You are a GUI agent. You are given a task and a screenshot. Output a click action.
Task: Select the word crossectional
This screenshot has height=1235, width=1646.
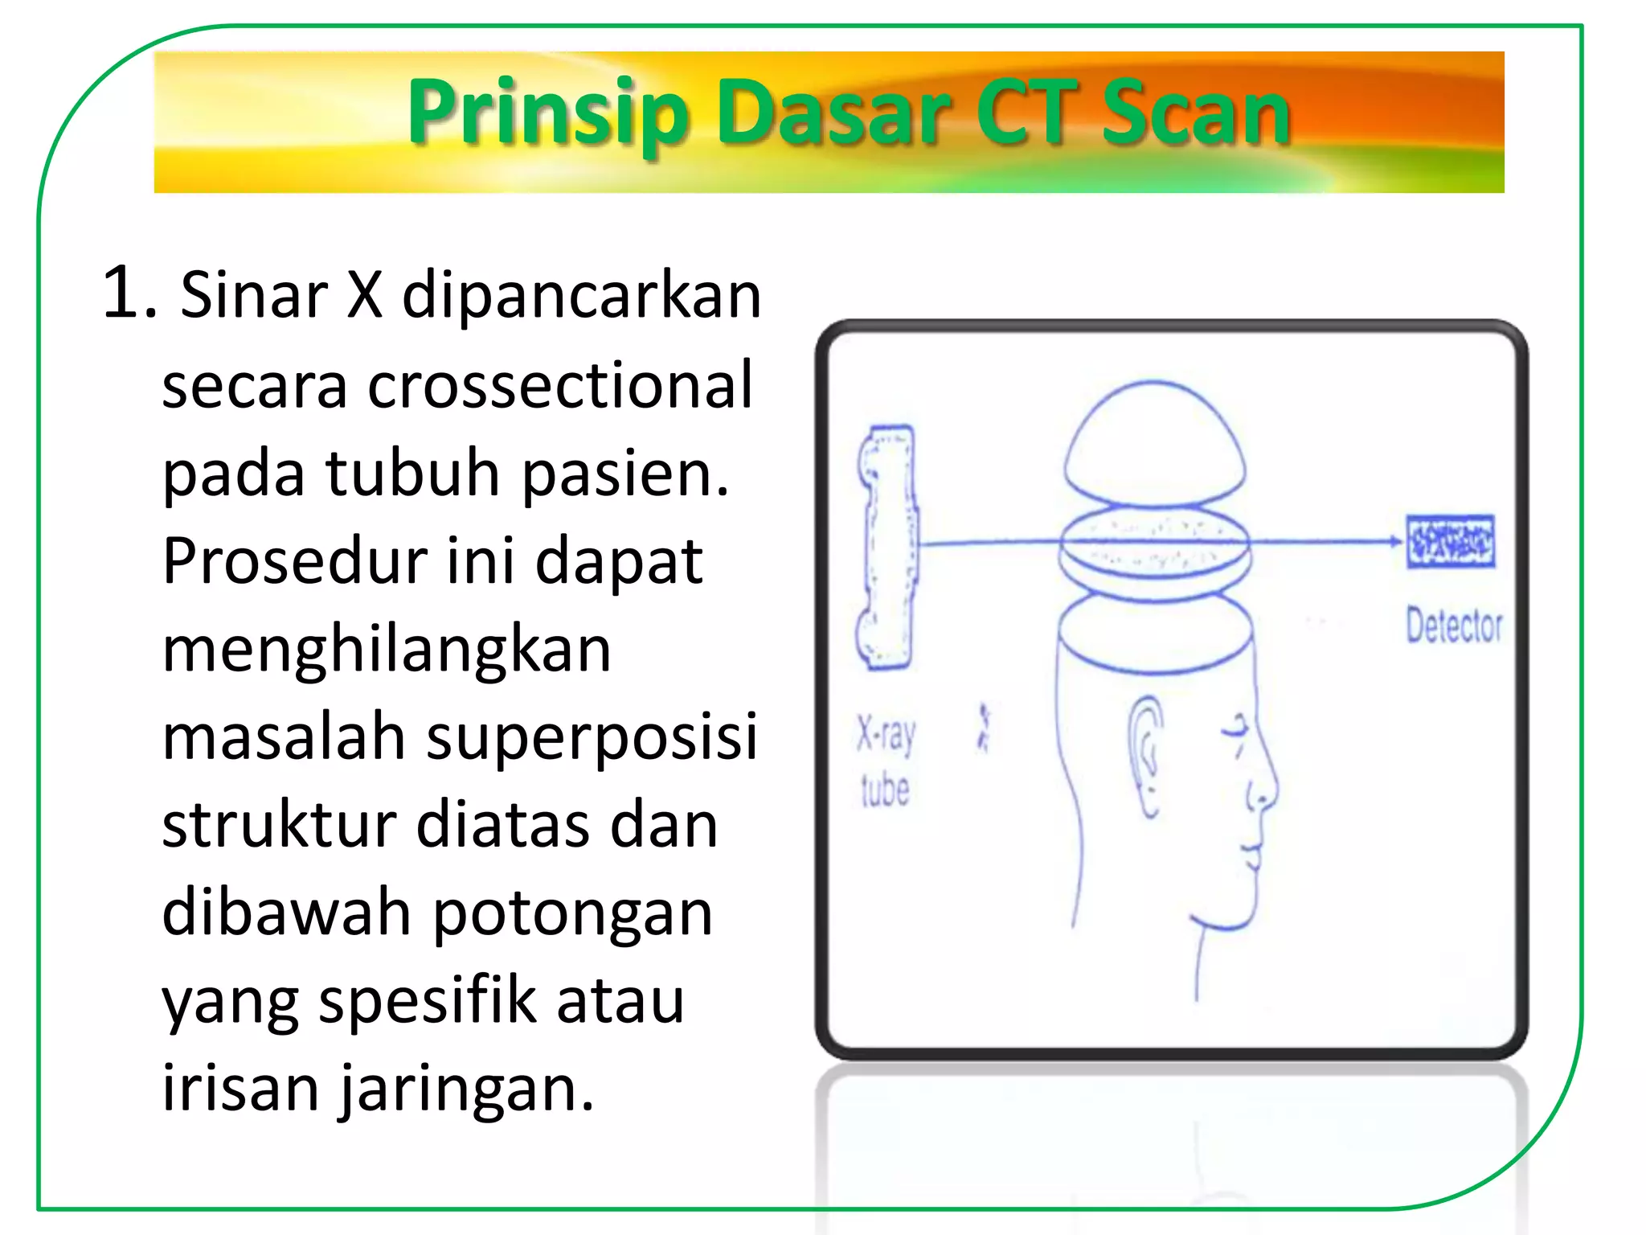click(560, 386)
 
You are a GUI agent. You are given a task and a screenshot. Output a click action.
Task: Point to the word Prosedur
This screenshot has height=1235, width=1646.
click(294, 561)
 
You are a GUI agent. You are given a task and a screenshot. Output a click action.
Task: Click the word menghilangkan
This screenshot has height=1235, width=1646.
click(387, 650)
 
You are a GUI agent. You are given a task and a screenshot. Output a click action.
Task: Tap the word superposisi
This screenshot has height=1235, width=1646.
click(592, 737)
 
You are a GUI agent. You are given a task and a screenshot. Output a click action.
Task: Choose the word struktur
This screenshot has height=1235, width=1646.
click(280, 826)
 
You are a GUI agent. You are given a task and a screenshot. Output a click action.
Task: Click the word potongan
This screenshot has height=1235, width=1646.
click(573, 914)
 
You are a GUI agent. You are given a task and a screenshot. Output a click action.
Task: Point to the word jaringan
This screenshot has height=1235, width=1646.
click(466, 1090)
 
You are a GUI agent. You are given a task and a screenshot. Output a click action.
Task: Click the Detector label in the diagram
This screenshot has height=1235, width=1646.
click(1453, 626)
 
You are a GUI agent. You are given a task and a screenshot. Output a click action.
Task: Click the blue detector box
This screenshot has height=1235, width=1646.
click(1451, 542)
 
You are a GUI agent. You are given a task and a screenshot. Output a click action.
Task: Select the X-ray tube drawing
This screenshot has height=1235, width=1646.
click(887, 547)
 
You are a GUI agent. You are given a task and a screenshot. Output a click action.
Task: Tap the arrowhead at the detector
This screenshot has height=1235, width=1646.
click(1396, 541)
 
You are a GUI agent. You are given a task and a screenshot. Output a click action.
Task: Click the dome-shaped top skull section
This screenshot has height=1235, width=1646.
click(1154, 442)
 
